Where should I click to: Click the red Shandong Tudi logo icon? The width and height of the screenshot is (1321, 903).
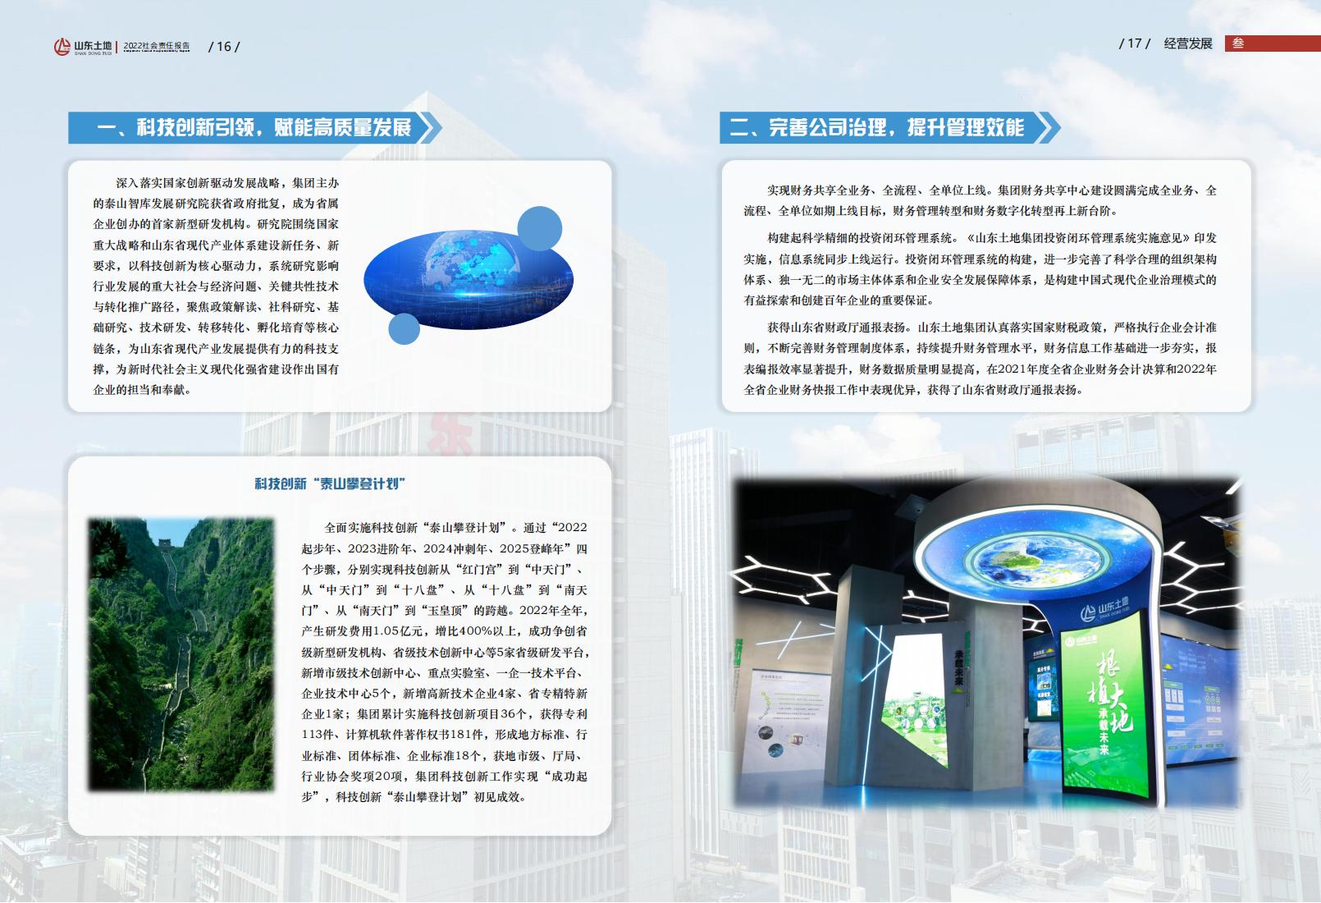(62, 47)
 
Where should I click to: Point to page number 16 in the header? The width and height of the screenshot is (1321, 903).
(224, 47)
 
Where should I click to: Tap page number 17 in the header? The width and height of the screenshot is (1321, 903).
(1134, 43)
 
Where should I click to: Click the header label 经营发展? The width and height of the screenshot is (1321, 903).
(1188, 44)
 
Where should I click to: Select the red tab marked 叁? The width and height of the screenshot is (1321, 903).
(1272, 43)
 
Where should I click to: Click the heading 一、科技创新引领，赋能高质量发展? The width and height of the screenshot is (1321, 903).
(254, 127)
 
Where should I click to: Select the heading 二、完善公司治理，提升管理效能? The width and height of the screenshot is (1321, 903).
(877, 127)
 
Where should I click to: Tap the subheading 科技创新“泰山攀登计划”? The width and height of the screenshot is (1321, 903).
(330, 484)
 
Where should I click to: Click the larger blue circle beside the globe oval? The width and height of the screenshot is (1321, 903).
(540, 228)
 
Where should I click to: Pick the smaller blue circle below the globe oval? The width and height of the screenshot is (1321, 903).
(404, 328)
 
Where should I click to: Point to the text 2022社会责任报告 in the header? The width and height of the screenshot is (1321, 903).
(157, 46)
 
